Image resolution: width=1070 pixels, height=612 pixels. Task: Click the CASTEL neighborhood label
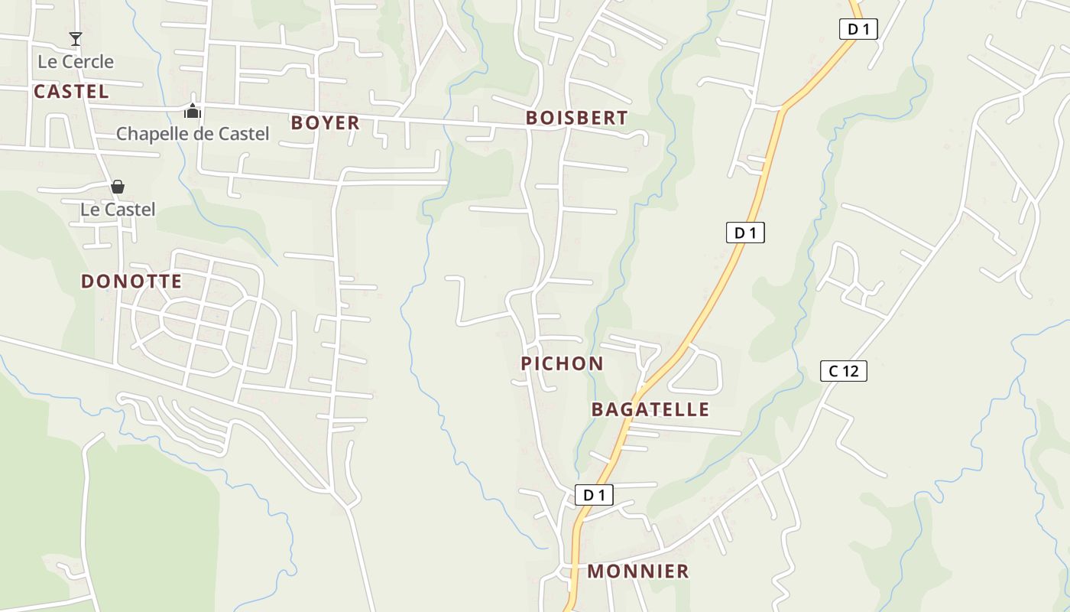(71, 92)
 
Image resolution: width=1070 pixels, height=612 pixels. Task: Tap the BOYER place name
(325, 122)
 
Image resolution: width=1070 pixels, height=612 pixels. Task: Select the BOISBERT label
(576, 118)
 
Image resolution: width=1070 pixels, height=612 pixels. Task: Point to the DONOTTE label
(131, 281)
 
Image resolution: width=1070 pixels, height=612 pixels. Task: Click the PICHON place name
(562, 363)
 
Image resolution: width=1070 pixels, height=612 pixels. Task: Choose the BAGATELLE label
(650, 409)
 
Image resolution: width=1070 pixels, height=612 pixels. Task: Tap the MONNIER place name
(638, 571)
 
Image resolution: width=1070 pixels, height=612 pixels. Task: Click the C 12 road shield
(843, 371)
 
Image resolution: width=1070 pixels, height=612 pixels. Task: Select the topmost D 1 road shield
(858, 29)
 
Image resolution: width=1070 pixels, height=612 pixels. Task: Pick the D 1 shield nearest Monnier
(594, 495)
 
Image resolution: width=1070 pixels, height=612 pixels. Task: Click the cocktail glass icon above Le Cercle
(75, 39)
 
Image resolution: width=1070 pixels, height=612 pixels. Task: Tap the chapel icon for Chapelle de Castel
(192, 112)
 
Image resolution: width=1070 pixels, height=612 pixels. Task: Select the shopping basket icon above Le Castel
(118, 187)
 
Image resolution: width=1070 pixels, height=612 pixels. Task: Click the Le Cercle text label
(76, 61)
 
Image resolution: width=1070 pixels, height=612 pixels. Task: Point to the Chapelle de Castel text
(193, 134)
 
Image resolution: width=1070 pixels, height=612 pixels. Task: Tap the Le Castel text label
(118, 210)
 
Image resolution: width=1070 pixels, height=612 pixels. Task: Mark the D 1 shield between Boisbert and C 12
(744, 233)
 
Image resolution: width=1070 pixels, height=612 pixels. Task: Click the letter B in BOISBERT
(532, 118)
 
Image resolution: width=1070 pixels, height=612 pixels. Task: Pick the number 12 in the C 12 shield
(850, 371)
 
